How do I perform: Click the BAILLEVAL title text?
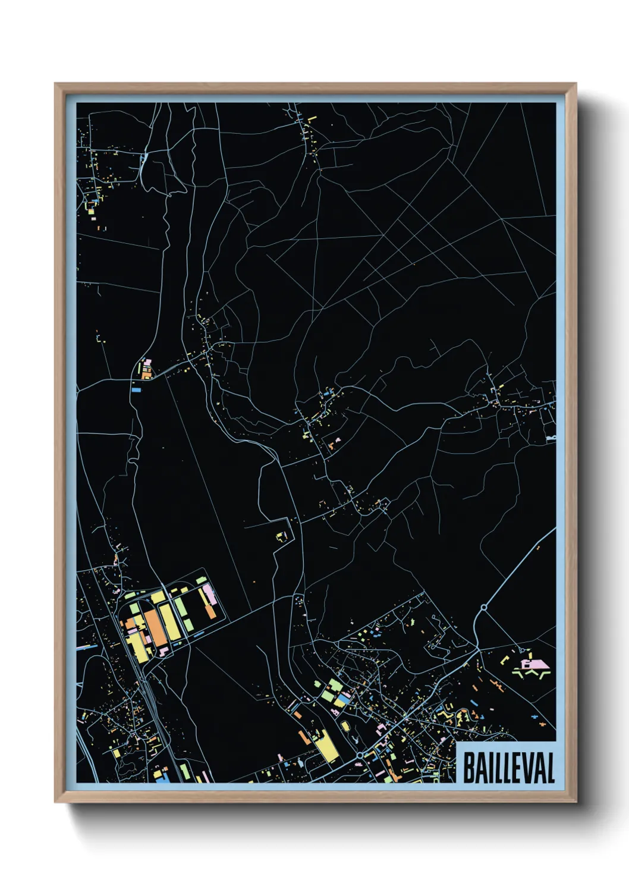pos(508,768)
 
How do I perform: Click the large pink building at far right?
pos(533,663)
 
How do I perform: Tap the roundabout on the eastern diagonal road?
pos(483,608)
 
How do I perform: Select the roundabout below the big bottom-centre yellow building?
pos(360,755)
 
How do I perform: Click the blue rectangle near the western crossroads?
pos(136,390)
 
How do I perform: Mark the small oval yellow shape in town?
pos(345,726)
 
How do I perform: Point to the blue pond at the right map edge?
pos(551,438)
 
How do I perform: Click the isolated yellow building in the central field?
pos(281,536)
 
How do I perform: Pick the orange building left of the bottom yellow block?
pos(304,737)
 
